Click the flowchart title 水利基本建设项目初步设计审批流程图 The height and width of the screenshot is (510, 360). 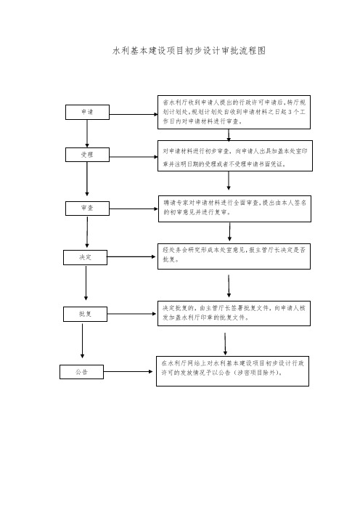tap(189, 51)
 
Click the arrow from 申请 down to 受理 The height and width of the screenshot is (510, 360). tap(87, 134)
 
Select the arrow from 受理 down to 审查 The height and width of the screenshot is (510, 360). tap(87, 179)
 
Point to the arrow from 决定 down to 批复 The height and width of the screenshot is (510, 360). tap(86, 283)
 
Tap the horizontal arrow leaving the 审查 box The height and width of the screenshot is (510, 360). tap(134, 209)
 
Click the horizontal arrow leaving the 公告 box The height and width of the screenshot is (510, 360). tap(128, 371)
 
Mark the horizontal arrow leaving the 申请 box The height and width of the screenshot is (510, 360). tap(134, 115)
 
